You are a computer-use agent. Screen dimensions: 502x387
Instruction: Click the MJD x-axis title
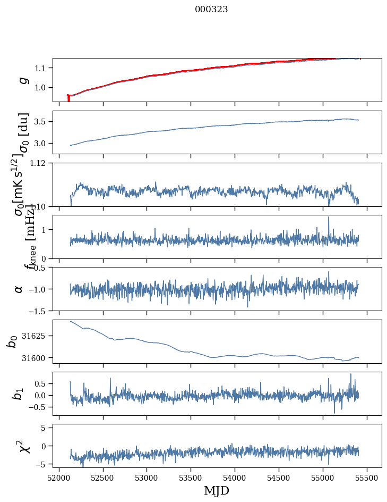217,490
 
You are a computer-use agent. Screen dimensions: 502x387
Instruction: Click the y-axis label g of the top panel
22,80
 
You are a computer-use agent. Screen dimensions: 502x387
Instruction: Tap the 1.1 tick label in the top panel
41,68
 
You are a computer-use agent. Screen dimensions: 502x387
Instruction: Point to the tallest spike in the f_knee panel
329,217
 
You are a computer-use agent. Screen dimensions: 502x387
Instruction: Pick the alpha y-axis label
19,289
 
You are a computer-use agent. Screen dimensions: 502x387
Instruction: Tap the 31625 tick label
38,336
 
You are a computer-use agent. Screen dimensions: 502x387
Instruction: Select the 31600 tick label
38,358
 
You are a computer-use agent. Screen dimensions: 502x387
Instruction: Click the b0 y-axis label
12,341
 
